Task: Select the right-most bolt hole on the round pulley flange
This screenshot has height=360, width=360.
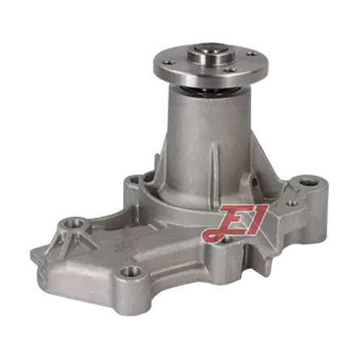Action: coord(252,54)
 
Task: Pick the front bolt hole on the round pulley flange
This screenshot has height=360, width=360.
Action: coord(229,70)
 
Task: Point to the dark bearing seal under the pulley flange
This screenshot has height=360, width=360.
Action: coord(208,91)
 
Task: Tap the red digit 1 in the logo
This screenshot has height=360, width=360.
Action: coord(258,219)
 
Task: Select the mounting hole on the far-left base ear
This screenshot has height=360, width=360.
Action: coord(74,223)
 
